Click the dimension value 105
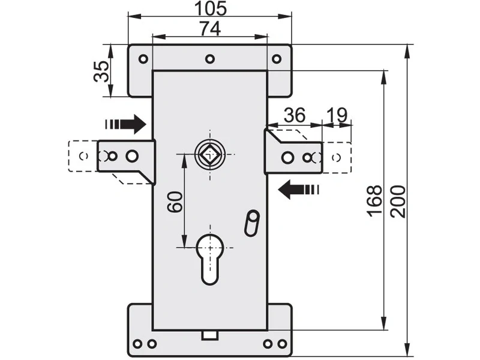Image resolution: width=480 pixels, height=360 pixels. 211,8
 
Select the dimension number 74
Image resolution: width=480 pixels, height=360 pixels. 210,29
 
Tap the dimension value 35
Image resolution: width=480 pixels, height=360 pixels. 101,71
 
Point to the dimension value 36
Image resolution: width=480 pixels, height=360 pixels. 295,115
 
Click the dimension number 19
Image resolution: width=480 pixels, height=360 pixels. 337,115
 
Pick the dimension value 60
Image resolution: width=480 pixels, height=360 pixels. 175,202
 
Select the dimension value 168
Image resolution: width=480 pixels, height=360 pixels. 374,201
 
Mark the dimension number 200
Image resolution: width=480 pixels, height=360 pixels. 397,201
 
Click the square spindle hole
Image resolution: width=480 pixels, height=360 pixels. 210,155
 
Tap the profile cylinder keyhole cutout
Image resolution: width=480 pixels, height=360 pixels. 210,259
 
